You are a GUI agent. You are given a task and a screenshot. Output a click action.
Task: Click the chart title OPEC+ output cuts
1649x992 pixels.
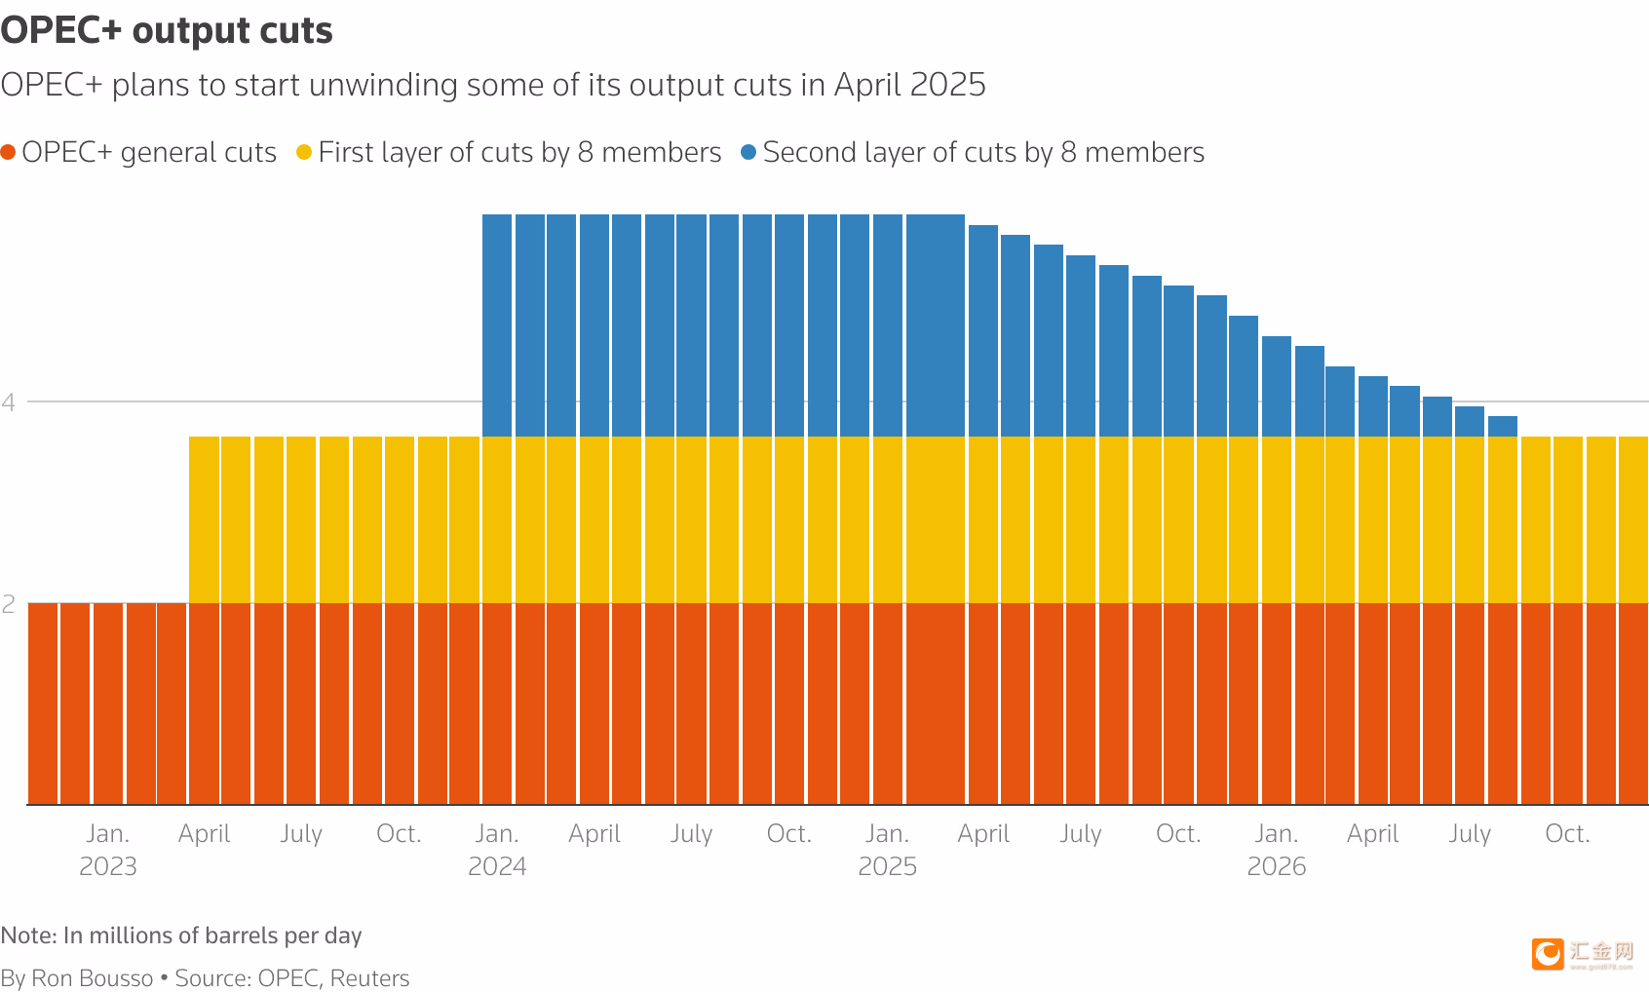tap(167, 31)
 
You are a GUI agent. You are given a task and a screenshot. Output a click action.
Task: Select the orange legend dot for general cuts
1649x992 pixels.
tap(9, 152)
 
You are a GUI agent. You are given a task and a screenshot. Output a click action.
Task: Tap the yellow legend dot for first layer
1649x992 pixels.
tap(304, 152)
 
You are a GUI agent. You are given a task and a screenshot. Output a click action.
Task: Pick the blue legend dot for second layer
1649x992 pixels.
tap(748, 152)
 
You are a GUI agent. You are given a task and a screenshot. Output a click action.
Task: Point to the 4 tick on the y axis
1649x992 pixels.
tap(9, 401)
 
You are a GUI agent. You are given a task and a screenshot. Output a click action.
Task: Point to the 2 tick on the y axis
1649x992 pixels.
tap(9, 604)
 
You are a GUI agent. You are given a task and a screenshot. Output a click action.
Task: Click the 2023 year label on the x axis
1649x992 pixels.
tap(107, 866)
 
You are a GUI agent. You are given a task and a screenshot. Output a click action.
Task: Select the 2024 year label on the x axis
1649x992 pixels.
tap(497, 866)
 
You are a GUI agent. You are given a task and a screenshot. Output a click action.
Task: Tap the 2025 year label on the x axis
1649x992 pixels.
tap(887, 866)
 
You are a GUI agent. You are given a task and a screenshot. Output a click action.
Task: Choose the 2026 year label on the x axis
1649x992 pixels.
tap(1276, 866)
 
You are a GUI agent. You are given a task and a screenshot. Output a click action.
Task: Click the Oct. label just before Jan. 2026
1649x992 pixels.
tap(1178, 834)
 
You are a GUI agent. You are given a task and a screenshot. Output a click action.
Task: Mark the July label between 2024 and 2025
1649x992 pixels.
tap(691, 834)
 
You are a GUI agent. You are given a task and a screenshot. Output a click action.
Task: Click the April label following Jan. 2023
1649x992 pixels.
tap(204, 834)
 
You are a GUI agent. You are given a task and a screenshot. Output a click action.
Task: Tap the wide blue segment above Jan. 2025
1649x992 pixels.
tap(935, 324)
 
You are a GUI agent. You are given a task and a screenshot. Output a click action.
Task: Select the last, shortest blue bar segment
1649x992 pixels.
tap(1503, 426)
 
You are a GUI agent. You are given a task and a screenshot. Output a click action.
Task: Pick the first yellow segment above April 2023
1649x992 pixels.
tap(204, 519)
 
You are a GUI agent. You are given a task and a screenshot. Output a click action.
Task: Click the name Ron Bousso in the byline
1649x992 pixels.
tap(93, 978)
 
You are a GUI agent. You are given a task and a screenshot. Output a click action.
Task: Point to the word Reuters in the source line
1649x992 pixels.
tap(369, 978)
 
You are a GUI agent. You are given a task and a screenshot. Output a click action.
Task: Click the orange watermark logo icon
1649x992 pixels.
tap(1547, 954)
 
